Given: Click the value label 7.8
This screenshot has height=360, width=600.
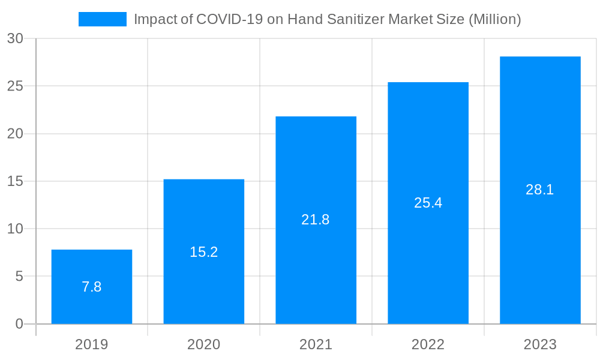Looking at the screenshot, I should pos(92,287).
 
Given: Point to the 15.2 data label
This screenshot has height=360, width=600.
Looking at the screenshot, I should pos(204,252).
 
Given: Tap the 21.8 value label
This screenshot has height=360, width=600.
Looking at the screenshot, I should pos(316,220).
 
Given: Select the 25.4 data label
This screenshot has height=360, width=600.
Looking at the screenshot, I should pos(428,203).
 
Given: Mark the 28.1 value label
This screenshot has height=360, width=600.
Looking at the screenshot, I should pos(540,190).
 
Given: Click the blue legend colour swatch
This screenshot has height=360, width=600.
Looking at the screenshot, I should pos(103,19).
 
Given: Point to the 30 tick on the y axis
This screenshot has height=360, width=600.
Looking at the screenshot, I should pos(15,38).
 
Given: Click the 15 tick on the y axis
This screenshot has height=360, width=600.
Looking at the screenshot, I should pos(15,181).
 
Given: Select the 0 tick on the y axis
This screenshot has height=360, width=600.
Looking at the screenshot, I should pos(19,324).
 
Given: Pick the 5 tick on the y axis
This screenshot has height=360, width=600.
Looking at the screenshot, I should pos(19,277).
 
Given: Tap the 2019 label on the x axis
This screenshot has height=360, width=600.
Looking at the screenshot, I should pos(92,344).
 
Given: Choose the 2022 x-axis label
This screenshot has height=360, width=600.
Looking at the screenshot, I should pos(428,344).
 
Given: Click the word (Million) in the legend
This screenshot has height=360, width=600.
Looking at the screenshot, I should pos(494,19).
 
